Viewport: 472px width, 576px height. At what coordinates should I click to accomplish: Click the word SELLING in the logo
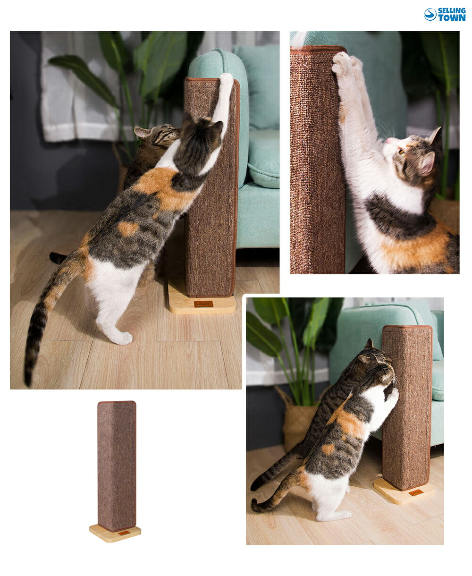click(x=452, y=11)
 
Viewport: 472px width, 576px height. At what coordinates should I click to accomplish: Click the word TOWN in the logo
click(x=452, y=18)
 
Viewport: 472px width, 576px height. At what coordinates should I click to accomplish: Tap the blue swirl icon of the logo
click(x=430, y=15)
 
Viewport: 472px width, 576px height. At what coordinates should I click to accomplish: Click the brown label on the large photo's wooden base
click(x=203, y=304)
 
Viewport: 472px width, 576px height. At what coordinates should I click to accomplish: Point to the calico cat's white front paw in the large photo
click(x=227, y=80)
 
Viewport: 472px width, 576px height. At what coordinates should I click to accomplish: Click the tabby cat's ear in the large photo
click(x=142, y=133)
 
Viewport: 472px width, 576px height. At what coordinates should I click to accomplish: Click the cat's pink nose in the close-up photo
click(x=388, y=140)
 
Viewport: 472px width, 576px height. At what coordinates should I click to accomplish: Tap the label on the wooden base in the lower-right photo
click(x=416, y=492)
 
